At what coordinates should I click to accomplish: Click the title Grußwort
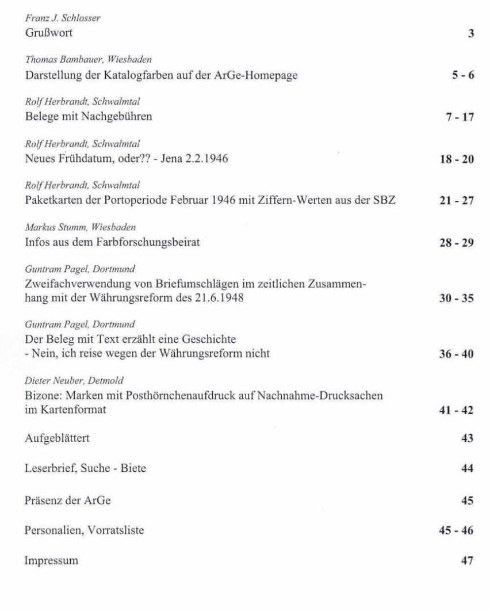pos(49,33)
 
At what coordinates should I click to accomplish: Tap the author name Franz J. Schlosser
pos(63,18)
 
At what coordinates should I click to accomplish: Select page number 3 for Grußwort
pos(470,33)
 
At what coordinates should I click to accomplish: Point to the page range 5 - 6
pos(462,75)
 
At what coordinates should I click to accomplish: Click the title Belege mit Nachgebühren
pos(89,117)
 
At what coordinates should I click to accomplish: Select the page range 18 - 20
pos(456,159)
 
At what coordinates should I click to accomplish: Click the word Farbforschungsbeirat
pos(152,243)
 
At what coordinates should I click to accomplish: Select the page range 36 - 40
pos(456,354)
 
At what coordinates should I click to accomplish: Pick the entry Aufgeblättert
pos(57,438)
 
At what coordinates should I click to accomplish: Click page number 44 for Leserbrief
pos(467,468)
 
